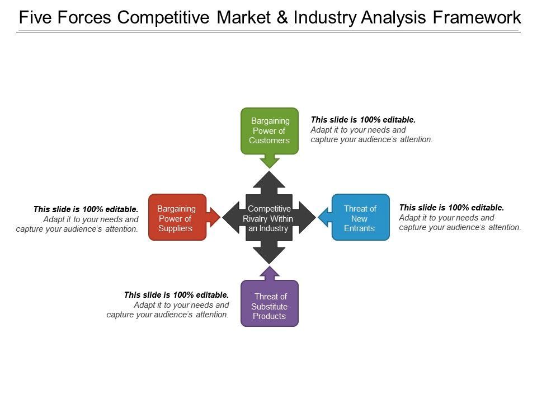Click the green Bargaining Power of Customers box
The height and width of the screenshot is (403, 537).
269,130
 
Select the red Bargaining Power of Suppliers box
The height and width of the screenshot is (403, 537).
177,217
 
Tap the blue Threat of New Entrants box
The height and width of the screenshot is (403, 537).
360,217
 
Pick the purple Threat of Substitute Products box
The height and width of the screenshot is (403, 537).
269,303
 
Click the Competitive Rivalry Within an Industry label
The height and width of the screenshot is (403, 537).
269,218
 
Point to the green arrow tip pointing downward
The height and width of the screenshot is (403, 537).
270,164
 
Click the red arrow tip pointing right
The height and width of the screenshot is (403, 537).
216,217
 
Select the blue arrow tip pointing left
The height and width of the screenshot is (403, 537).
322,217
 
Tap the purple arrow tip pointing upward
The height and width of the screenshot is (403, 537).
270,270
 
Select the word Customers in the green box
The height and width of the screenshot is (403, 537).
269,140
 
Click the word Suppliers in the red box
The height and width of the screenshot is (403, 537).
176,228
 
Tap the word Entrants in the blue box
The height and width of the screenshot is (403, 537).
360,228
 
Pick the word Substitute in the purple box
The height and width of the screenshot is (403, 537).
269,307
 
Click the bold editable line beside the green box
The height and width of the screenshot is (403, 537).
363,119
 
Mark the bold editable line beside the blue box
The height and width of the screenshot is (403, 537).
451,207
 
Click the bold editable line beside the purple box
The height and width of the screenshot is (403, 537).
176,294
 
